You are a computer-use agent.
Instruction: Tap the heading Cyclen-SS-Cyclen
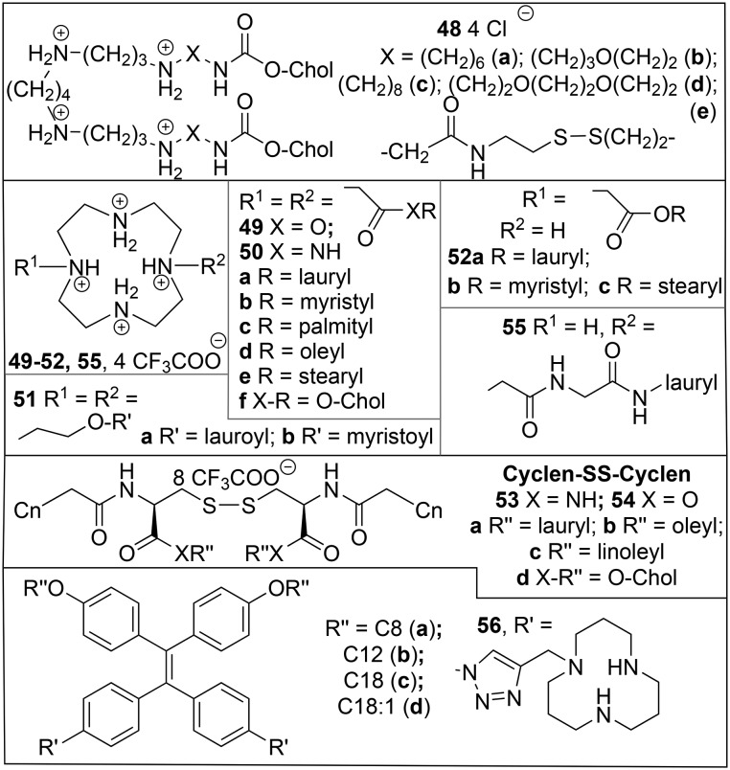pos(600,474)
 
